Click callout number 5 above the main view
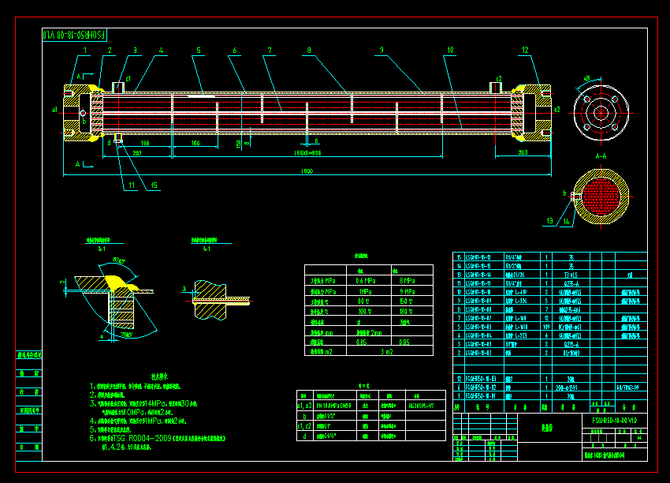click(199, 51)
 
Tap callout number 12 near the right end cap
click(524, 51)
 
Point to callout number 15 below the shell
click(154, 185)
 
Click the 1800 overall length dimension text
click(307, 170)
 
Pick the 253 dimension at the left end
click(137, 153)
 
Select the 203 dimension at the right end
click(523, 152)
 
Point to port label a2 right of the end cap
click(556, 109)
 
